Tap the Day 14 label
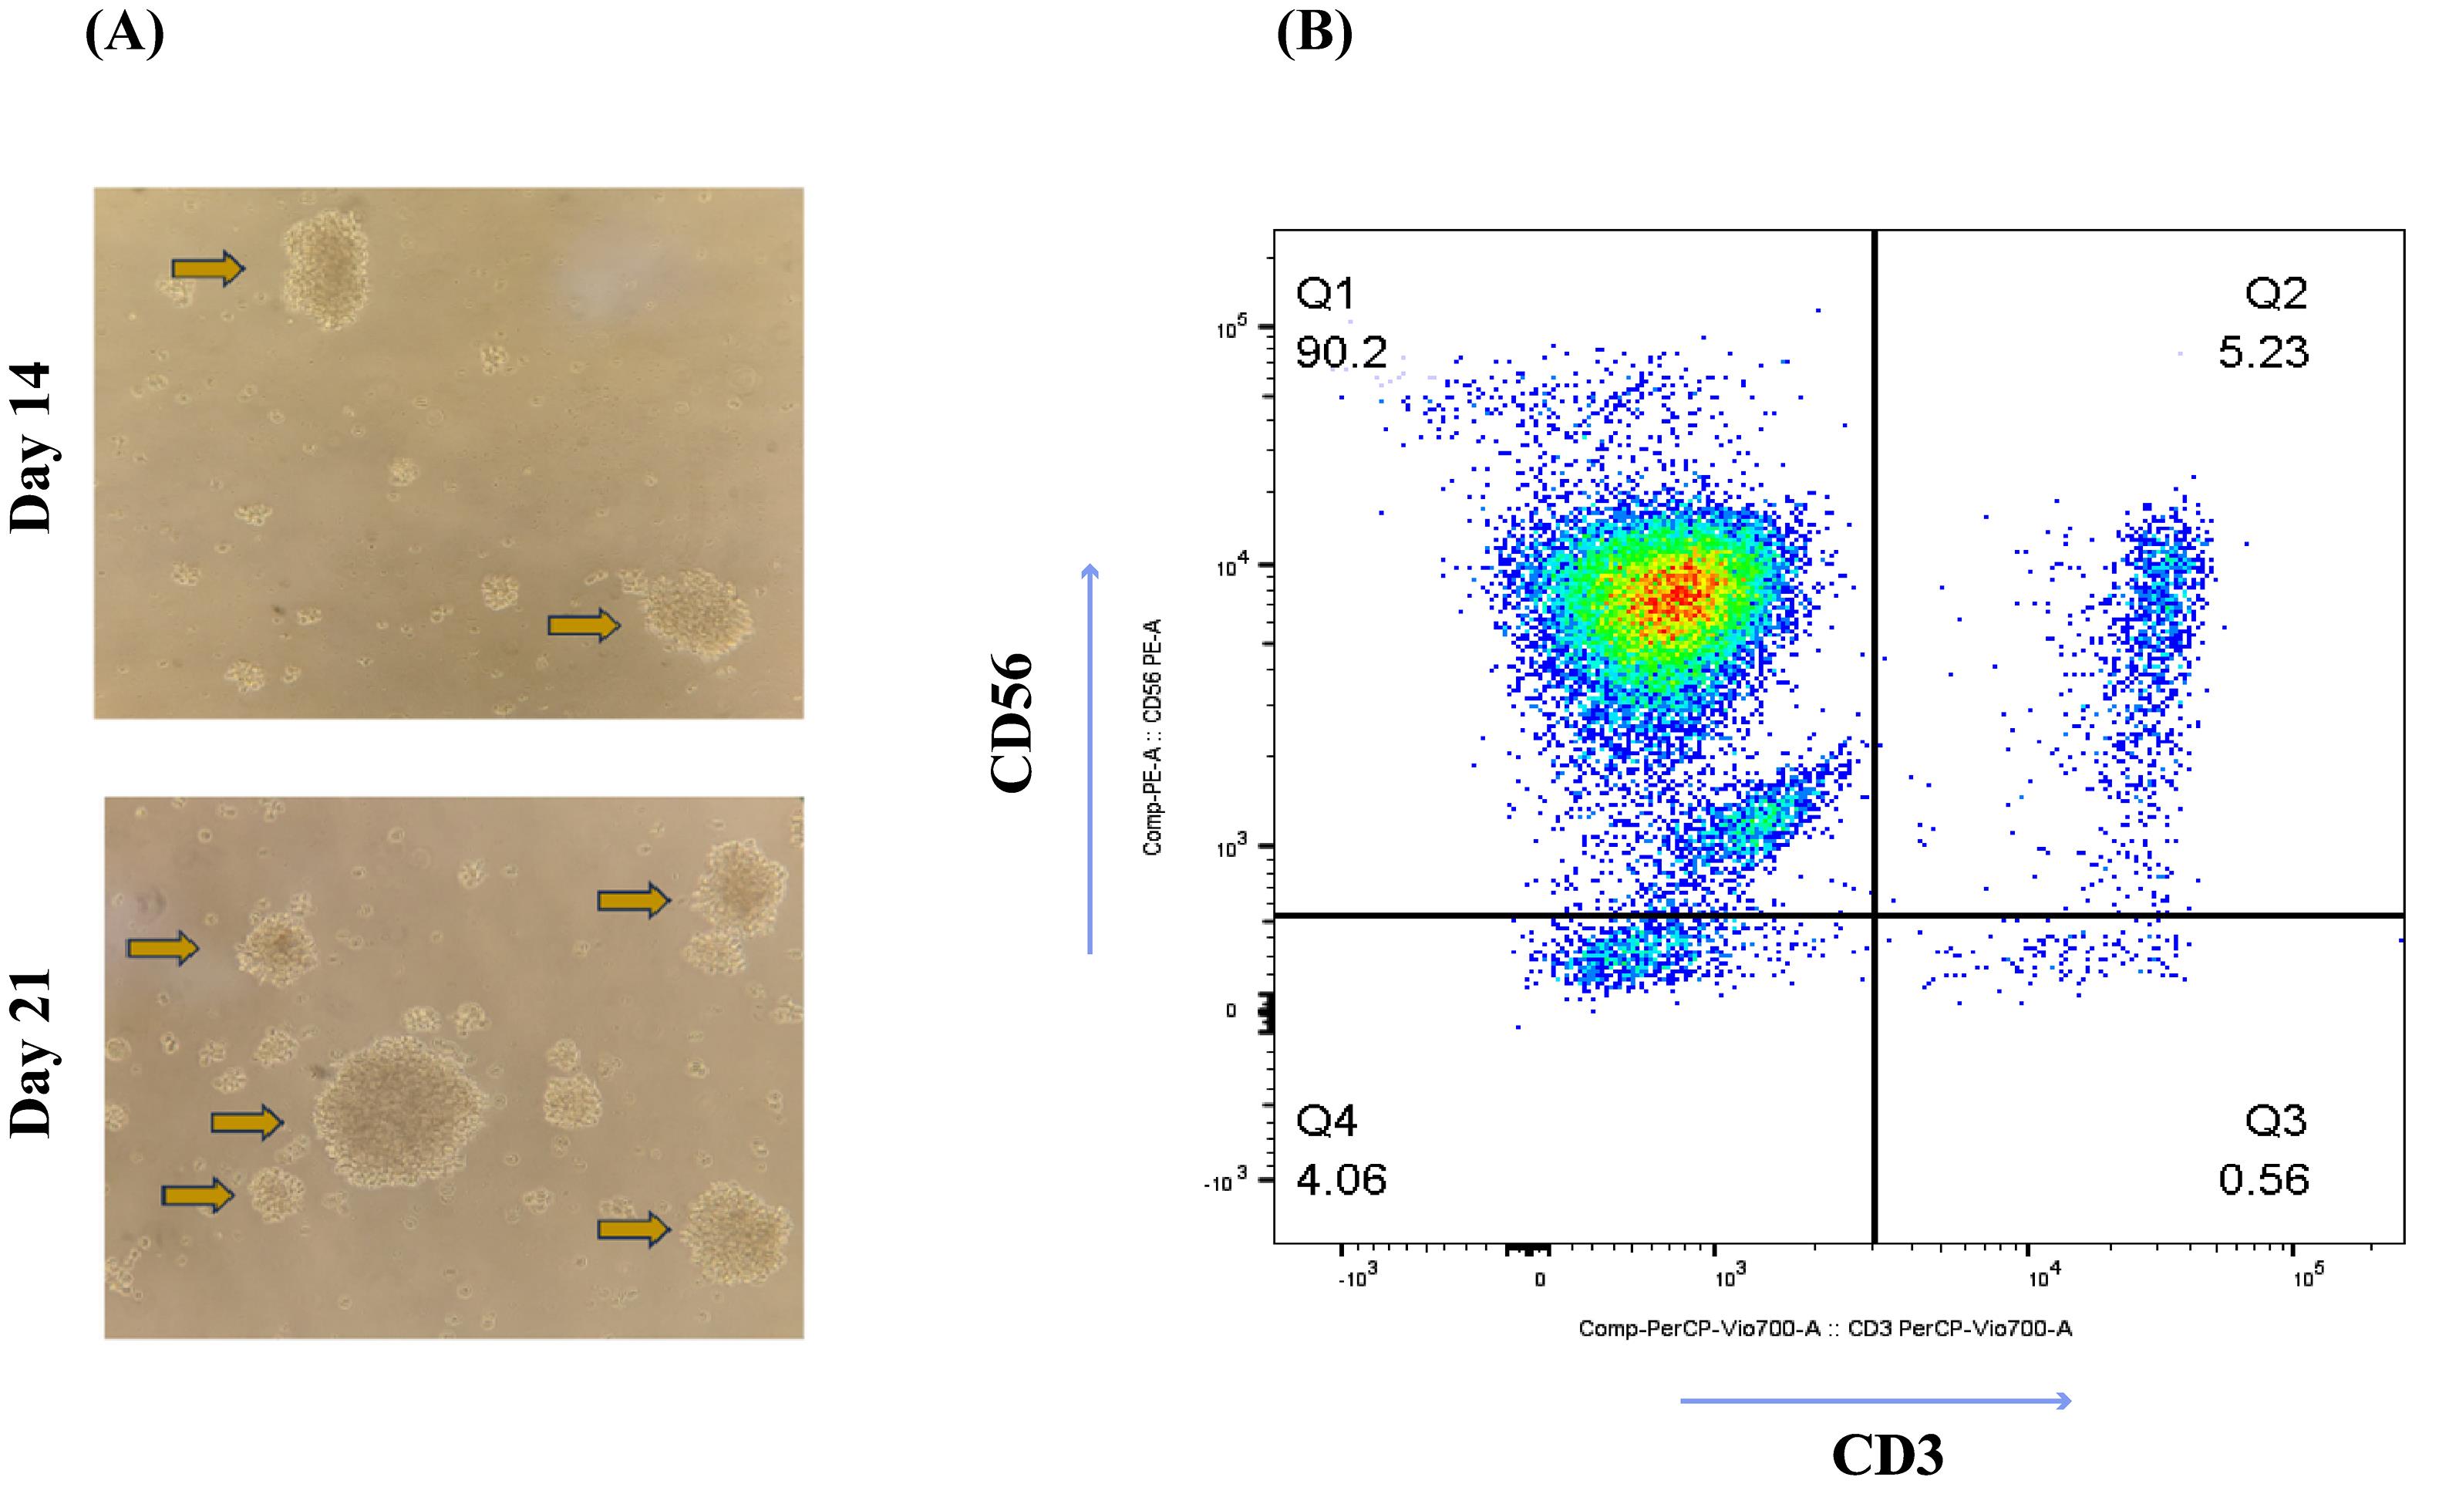(30, 447)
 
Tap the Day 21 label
(30, 1053)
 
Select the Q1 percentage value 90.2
(1341, 352)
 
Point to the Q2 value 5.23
(2263, 352)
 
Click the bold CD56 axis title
(1012, 722)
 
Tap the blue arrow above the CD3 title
(1875, 1401)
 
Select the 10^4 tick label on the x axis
(2043, 1276)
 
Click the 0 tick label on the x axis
(1540, 1280)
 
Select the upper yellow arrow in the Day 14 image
(207, 268)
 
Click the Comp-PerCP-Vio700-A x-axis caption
(1825, 1328)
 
